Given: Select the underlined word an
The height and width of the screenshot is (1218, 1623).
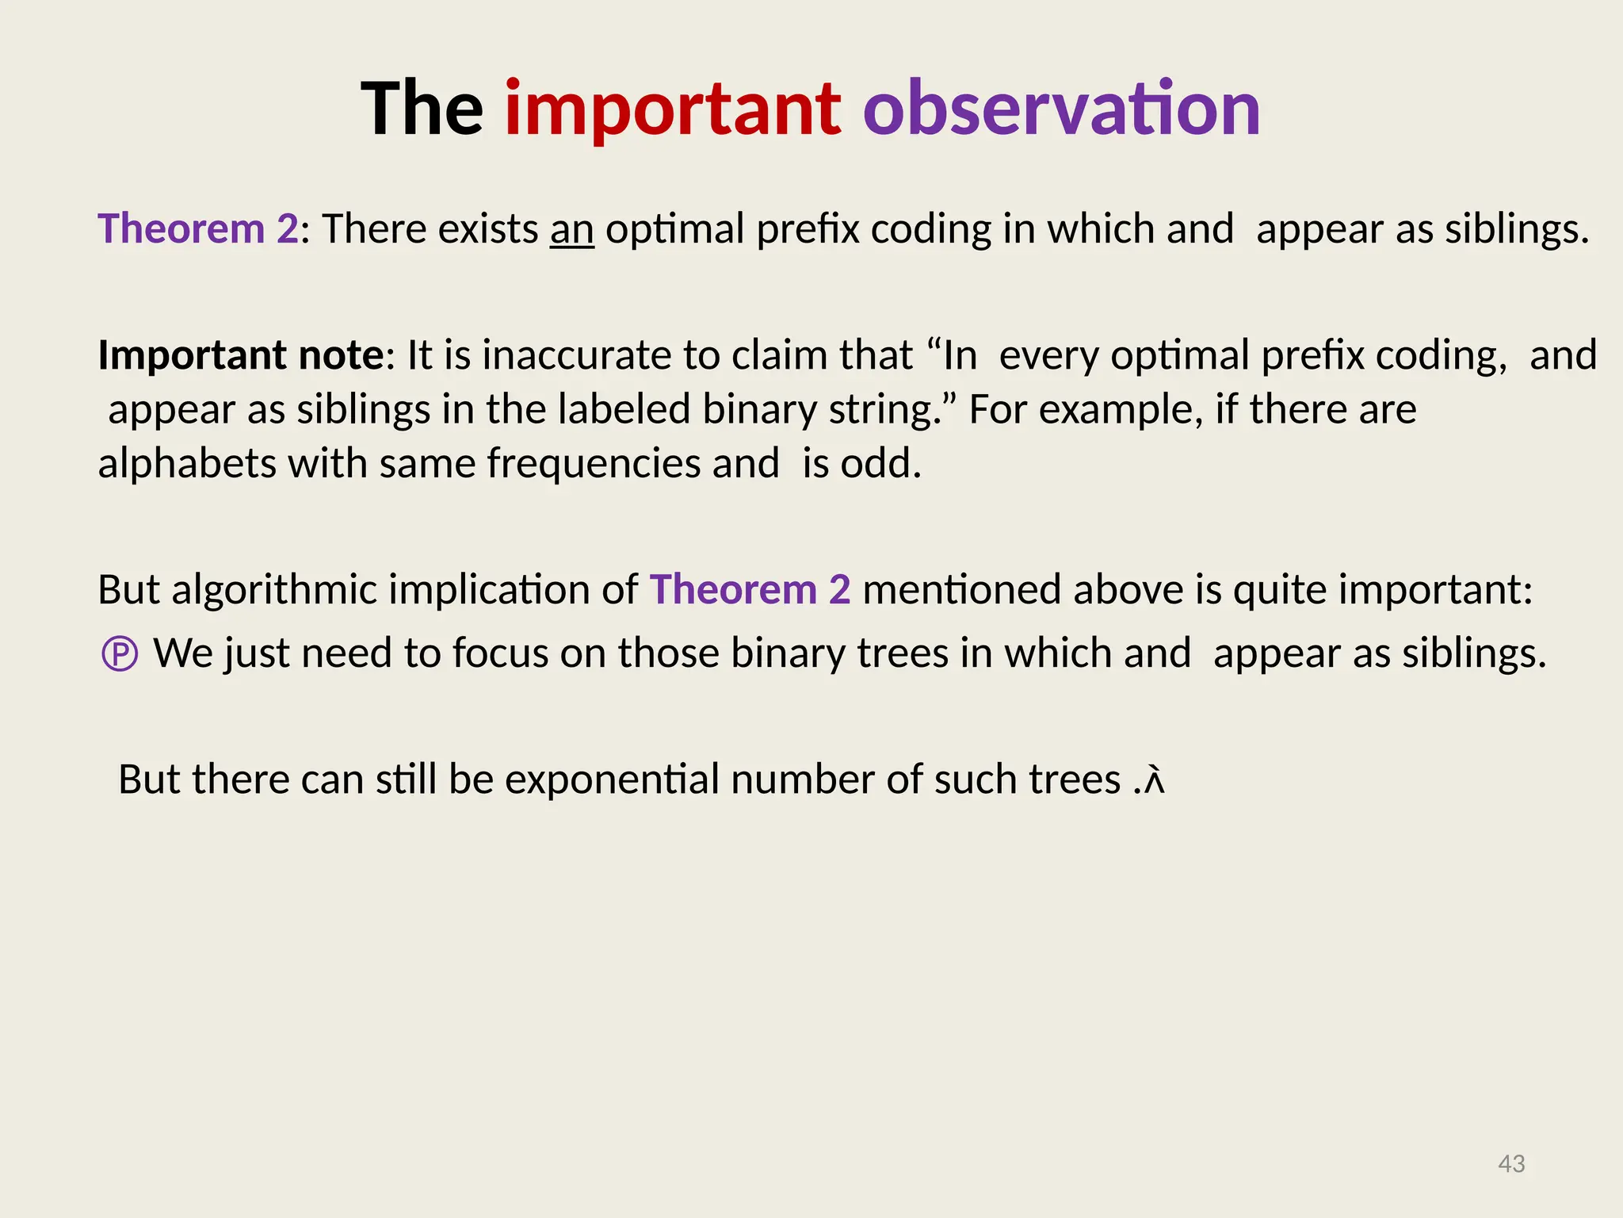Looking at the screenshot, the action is click(571, 230).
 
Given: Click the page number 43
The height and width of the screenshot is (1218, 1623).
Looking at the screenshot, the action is click(1511, 1163).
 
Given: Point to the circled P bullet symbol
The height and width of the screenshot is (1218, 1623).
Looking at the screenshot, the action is click(120, 655).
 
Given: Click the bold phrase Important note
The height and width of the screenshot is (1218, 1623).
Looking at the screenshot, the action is click(240, 355).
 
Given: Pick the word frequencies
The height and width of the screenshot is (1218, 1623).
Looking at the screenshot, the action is click(594, 464).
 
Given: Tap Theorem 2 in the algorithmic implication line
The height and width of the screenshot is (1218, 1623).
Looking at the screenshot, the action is click(750, 590).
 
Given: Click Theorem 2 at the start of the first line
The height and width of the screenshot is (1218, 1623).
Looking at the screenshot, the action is click(198, 229).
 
